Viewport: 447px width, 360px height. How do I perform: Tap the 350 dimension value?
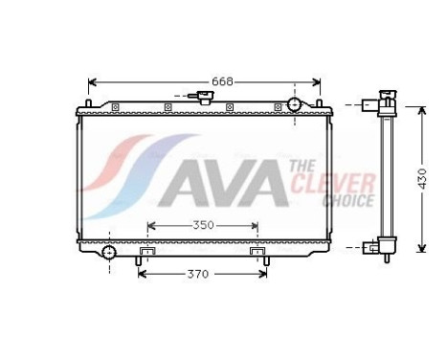(202, 226)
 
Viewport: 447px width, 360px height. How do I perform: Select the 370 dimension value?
(198, 274)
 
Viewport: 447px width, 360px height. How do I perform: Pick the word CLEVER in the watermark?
(320, 182)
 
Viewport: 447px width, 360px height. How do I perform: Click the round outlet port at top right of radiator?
(294, 103)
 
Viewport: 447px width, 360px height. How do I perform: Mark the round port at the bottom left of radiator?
(109, 253)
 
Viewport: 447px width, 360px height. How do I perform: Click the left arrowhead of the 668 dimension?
(92, 81)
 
